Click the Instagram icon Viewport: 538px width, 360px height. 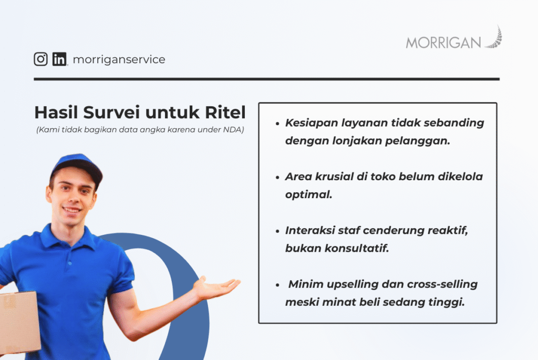(40, 59)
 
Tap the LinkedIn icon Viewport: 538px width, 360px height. (59, 59)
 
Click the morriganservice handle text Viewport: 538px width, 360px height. (119, 59)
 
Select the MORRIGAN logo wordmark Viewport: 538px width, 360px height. (443, 43)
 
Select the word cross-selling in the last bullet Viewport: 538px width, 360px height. (442, 284)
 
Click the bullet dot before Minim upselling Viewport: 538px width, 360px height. (277, 284)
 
